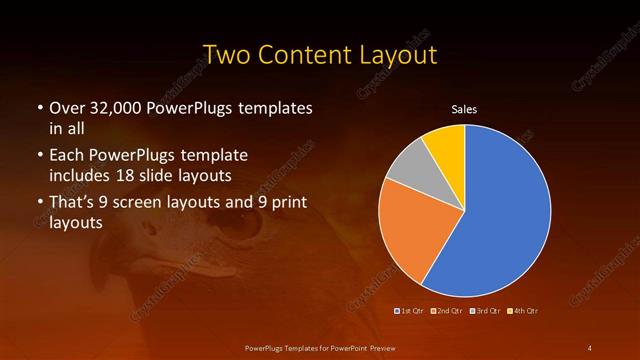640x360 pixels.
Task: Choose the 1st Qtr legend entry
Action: pos(411,310)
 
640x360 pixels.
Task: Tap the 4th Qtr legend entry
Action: pos(524,310)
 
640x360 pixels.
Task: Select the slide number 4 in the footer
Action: pos(589,347)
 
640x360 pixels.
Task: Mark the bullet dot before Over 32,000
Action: pos(38,108)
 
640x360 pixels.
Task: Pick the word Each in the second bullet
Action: pos(66,157)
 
